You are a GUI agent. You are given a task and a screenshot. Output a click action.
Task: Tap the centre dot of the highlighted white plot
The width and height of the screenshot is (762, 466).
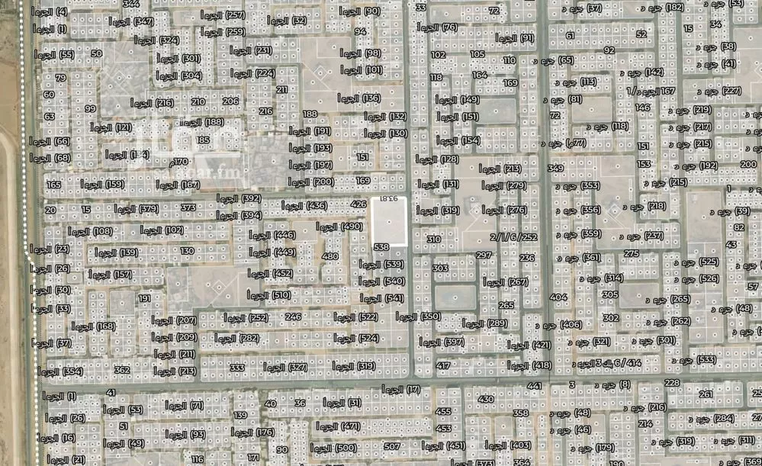coord(389,221)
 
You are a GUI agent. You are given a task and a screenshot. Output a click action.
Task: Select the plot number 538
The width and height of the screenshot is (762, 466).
coord(381,247)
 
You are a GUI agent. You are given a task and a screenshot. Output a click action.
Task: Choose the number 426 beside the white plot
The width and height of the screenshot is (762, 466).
coord(358,204)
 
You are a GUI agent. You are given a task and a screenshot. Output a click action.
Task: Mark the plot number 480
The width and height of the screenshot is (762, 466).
coord(330,257)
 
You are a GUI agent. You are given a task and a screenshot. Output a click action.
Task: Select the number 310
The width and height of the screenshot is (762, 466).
coord(433,239)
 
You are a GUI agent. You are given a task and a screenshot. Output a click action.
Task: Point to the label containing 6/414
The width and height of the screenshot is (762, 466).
coord(604,364)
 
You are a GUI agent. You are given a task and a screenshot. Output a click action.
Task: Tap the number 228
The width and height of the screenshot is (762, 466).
coord(671,383)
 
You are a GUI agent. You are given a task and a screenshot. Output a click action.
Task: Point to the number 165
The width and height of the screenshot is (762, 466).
coord(53,185)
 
